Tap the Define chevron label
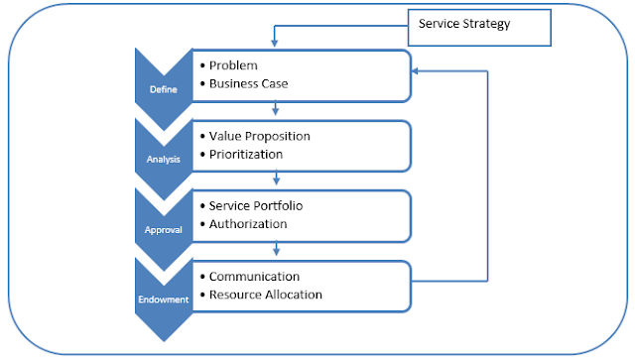click(164, 89)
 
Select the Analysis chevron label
click(164, 158)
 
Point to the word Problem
click(234, 65)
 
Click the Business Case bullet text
click(248, 83)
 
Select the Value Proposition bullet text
click(261, 135)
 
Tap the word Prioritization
click(246, 154)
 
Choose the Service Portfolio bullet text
click(256, 205)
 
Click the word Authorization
click(248, 223)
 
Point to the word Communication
click(254, 276)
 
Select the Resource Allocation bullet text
click(265, 295)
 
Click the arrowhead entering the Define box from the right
click(418, 71)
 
